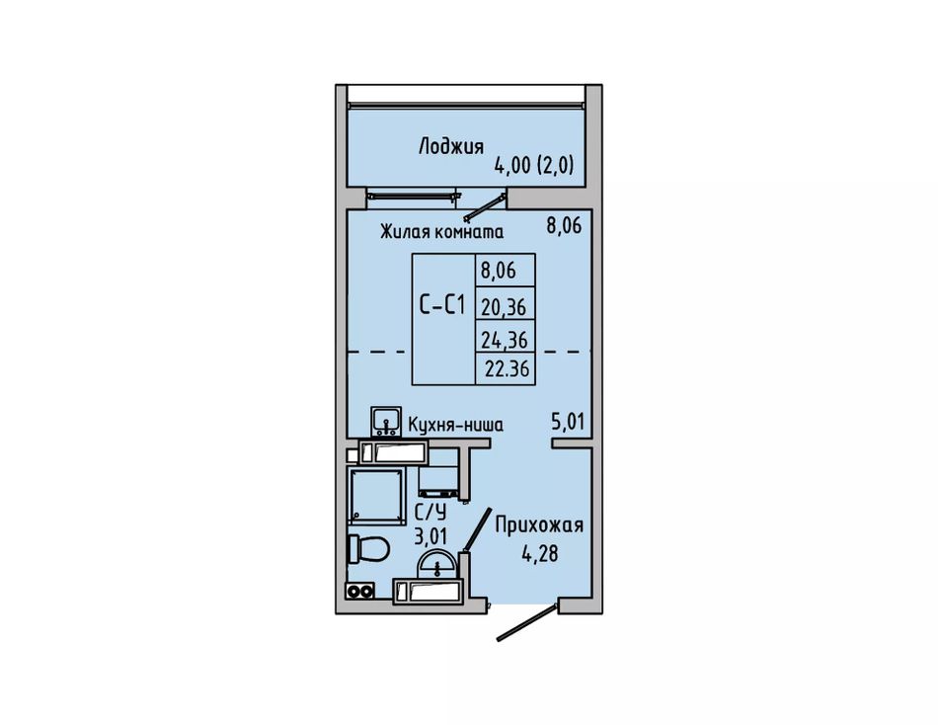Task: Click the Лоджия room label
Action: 450,146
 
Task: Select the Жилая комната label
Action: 441,231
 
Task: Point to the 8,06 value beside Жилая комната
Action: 564,226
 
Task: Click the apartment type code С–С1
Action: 441,305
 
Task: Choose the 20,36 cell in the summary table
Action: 504,307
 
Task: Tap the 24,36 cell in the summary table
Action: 505,340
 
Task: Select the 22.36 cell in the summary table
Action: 507,368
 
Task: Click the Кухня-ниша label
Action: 455,425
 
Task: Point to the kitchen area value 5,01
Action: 567,422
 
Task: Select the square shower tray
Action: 376,497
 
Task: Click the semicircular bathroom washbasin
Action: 437,565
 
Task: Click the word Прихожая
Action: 539,525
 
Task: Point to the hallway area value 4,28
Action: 539,553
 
